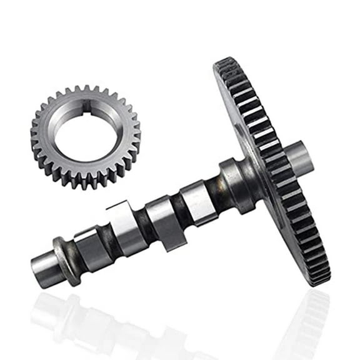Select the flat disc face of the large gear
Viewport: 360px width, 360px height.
pyautogui.click(x=250, y=125)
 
